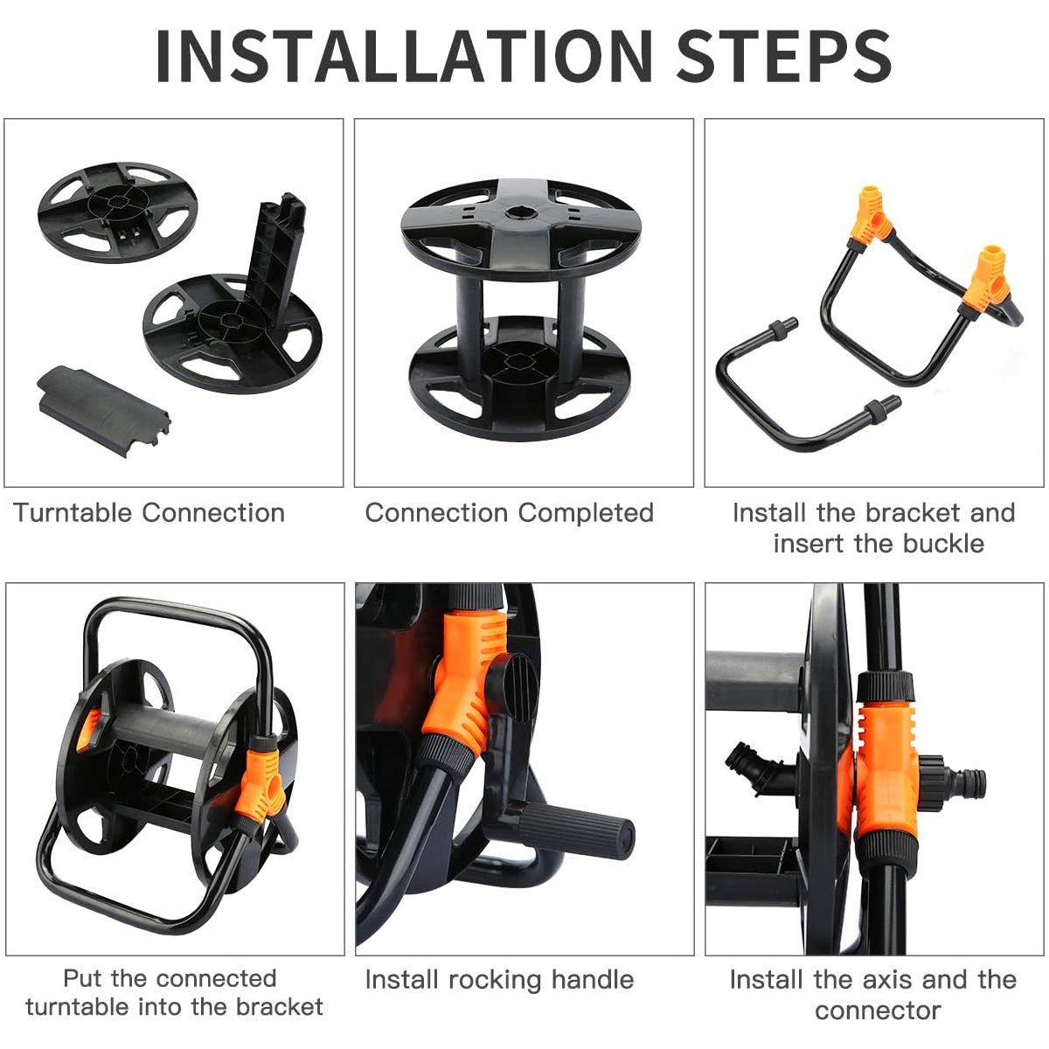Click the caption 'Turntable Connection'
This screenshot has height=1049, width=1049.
[x=149, y=513]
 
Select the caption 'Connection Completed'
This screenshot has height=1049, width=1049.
[x=509, y=513]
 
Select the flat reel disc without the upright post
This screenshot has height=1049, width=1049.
[x=118, y=212]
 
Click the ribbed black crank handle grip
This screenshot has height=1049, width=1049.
[x=575, y=830]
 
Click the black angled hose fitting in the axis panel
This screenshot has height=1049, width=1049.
[x=762, y=767]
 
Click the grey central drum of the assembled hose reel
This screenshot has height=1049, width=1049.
[x=163, y=729]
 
